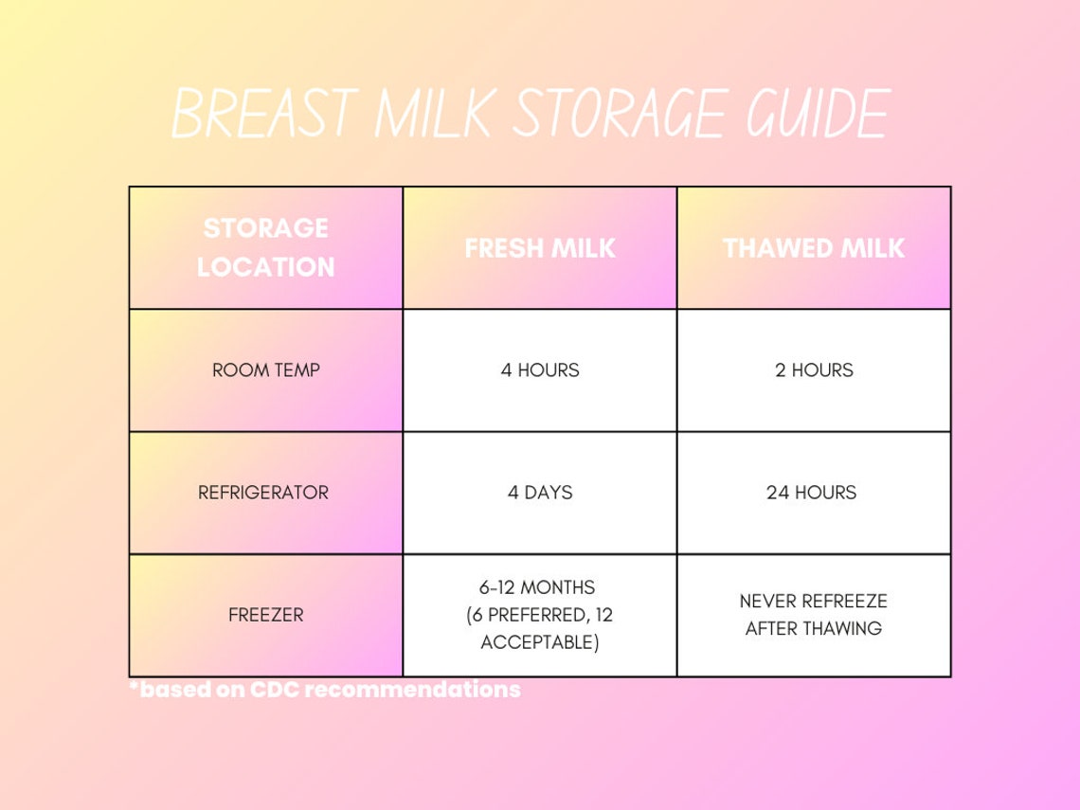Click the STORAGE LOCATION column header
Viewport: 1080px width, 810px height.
[266, 248]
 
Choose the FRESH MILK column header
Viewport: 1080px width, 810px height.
[540, 248]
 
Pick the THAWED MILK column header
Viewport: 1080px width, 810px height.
[814, 248]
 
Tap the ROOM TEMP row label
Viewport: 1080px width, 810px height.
[266, 370]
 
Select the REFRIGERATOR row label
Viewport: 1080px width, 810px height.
[263, 493]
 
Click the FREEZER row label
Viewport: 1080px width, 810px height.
[266, 615]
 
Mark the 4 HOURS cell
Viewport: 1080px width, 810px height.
[540, 370]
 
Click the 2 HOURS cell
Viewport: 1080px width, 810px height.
[814, 370]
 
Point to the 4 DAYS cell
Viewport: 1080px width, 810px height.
[540, 493]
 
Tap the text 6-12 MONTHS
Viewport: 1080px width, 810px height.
[540, 587]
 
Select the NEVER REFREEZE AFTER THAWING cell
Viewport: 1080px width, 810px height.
[814, 615]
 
